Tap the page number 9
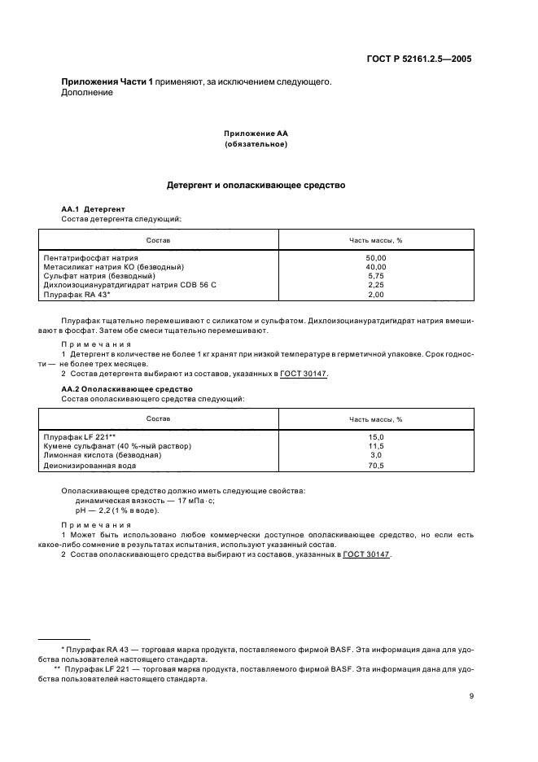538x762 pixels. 471,695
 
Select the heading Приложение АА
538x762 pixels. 256,133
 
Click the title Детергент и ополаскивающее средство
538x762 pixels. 256,185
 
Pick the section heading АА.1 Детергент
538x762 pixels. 93,209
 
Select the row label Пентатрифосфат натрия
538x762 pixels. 90,257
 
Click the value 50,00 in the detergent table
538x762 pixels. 376,257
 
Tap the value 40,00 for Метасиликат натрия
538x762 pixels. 376,266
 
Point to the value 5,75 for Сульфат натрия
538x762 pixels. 376,276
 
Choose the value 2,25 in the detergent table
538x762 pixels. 376,285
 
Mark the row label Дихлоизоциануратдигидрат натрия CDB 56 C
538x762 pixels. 129,285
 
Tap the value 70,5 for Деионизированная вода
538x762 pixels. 376,466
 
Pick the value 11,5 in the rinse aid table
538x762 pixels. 376,446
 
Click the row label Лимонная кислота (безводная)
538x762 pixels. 102,456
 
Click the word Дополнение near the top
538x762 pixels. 87,92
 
